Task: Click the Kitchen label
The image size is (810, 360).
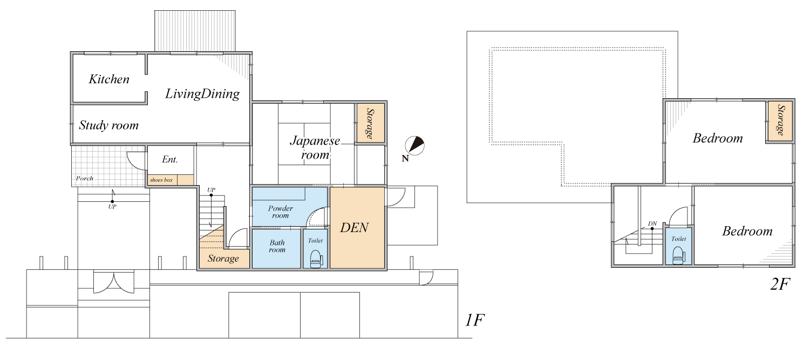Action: click(109, 79)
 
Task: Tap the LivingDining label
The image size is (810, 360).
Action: click(202, 94)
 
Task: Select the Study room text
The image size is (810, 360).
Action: click(108, 125)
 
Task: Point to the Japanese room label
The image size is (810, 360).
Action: click(315, 148)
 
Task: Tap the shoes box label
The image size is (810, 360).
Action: click(161, 180)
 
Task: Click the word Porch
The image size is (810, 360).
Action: click(84, 178)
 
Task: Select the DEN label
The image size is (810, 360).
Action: click(355, 228)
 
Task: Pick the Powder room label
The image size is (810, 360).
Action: click(280, 212)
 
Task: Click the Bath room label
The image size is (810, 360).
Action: click(277, 246)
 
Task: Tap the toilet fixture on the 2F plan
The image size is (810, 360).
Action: click(679, 255)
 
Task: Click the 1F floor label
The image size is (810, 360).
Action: click(474, 320)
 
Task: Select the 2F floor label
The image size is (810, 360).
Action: click(780, 284)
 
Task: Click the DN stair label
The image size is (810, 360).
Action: click(652, 223)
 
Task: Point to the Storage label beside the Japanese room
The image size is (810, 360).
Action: click(370, 124)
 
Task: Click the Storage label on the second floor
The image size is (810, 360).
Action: click(781, 120)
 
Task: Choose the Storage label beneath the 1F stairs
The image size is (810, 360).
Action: click(223, 259)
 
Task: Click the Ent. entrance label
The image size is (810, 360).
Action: click(170, 159)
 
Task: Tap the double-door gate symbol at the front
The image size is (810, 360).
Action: click(113, 282)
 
